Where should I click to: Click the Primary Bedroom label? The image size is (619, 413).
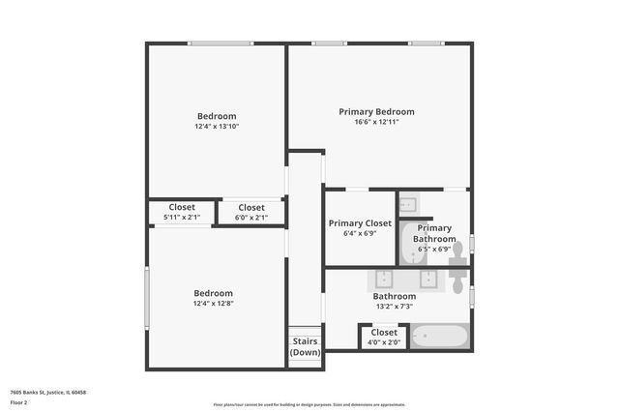[376, 112]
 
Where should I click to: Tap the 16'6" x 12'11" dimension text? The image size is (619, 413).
[376, 123]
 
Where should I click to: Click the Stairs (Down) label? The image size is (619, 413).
[306, 346]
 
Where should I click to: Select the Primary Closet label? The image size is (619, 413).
[360, 223]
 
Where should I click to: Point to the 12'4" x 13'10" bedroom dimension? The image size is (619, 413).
[217, 127]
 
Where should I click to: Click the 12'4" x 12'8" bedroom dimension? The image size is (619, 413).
[213, 304]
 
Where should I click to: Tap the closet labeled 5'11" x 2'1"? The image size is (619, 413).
[182, 212]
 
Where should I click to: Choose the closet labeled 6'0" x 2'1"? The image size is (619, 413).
[251, 212]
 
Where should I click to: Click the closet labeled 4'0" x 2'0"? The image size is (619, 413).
[384, 338]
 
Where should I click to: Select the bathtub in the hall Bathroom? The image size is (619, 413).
[440, 337]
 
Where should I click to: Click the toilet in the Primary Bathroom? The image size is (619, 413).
[457, 252]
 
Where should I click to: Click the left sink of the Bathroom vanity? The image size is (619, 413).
[384, 280]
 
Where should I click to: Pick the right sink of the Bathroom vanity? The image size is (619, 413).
[428, 280]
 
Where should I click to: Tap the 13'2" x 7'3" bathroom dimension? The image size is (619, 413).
[397, 307]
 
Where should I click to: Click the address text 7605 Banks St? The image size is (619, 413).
[48, 393]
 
